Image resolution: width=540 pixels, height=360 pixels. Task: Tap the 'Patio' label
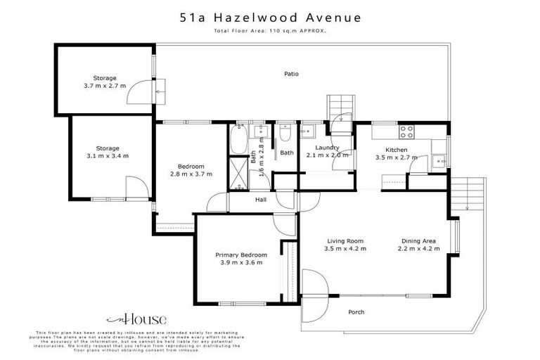coord(292,73)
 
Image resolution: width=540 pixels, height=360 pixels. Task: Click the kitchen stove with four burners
coord(407,131)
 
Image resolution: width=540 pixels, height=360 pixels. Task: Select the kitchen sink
coord(440,160)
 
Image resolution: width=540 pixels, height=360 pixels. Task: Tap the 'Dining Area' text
coord(418,240)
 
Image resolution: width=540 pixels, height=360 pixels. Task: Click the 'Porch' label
coord(356,311)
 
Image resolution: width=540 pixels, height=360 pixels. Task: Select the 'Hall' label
coord(240,200)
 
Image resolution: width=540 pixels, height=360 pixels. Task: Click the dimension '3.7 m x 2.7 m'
coord(105,86)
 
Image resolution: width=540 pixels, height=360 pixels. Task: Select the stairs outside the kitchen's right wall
coord(468,193)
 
